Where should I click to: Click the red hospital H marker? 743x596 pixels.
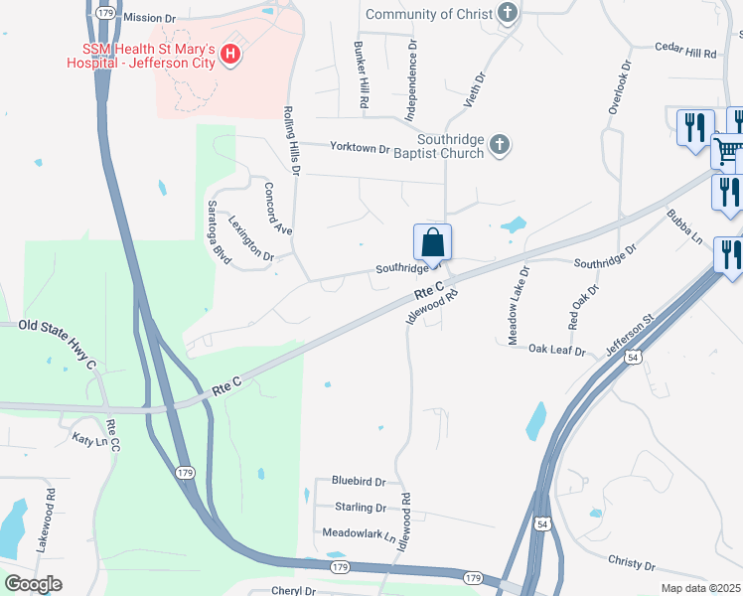[x=231, y=54]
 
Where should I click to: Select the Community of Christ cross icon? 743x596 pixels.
[x=509, y=14]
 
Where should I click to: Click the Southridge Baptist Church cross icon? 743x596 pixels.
[x=500, y=146]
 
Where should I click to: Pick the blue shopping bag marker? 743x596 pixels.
[x=432, y=242]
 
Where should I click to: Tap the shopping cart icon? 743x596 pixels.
[x=727, y=152]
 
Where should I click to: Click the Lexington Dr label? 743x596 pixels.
[x=251, y=238]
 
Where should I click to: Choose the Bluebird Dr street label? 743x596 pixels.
[x=358, y=482]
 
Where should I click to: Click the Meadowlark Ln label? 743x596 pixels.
[x=360, y=533]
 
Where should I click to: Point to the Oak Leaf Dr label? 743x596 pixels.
[x=558, y=350]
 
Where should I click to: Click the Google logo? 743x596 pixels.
[x=33, y=583]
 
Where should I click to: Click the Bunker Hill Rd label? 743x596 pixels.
[x=363, y=75]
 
